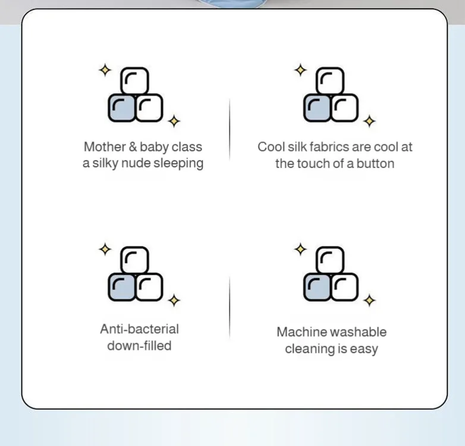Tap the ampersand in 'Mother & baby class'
[133, 147]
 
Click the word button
[375, 163]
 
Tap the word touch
[312, 163]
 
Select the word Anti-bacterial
[139, 329]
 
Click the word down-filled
[139, 346]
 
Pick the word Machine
[298, 332]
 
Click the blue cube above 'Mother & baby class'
[121, 108]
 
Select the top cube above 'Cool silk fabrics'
[330, 81]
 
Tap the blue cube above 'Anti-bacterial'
[121, 287]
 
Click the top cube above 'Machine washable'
[330, 260]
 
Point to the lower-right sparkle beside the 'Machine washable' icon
[369, 301]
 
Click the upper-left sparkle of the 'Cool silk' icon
[300, 70]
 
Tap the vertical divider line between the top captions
[230, 129]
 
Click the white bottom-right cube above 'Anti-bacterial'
[149, 287]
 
